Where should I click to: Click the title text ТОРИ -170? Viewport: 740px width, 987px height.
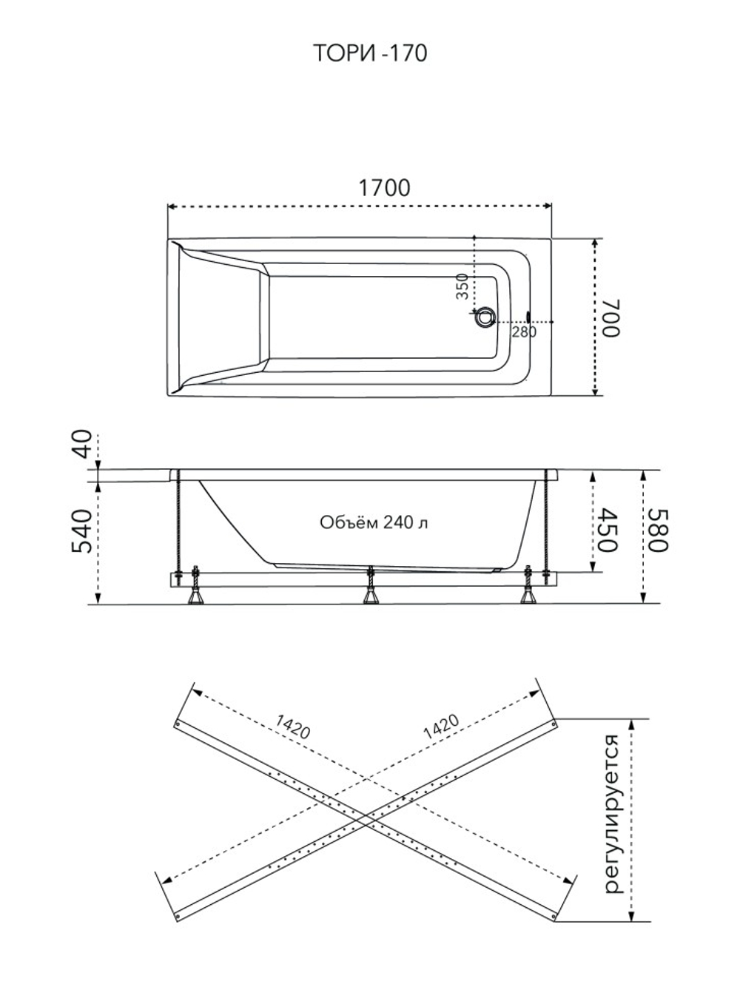(x=369, y=53)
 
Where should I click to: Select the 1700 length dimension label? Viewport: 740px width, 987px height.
(x=384, y=188)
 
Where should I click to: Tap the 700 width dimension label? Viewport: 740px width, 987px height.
(x=612, y=317)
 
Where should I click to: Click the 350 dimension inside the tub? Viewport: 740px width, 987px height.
(x=462, y=286)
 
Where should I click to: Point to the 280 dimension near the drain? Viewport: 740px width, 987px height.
(x=524, y=332)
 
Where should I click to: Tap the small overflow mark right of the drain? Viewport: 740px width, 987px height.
(x=528, y=317)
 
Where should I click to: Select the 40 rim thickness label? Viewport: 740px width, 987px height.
(x=82, y=444)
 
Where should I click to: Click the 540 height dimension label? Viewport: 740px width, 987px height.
(x=82, y=531)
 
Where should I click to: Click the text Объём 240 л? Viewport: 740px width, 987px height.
(x=374, y=522)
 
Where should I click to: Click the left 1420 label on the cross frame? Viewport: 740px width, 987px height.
(x=292, y=727)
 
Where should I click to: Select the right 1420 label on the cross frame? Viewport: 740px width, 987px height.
(x=442, y=727)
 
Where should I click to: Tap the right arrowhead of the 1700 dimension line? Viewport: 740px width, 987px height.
(x=548, y=206)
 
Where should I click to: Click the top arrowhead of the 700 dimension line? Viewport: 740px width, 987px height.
(x=596, y=243)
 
